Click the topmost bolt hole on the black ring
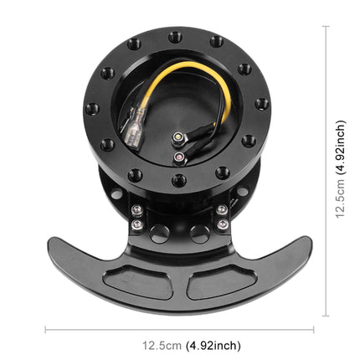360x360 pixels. pyautogui.click(x=174, y=37)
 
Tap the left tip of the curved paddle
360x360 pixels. pyautogui.click(x=52, y=245)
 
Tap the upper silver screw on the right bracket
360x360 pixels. pyautogui.click(x=222, y=209)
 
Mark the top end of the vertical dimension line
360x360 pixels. pyautogui.click(x=326, y=27)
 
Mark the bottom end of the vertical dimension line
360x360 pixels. pyautogui.click(x=326, y=316)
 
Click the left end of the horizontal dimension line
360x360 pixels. pyautogui.click(x=46, y=330)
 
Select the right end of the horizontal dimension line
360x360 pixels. pyautogui.click(x=313, y=330)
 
